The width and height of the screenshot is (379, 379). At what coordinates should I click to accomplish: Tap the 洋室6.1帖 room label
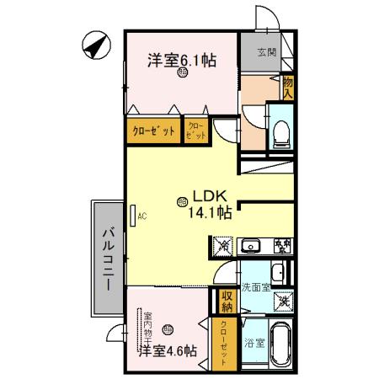tap(182, 60)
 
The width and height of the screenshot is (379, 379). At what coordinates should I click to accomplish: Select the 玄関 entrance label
tap(267, 52)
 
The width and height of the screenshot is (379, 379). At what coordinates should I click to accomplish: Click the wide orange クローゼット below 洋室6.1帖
tap(153, 131)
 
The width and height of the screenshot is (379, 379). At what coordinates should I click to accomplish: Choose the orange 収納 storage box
tap(227, 300)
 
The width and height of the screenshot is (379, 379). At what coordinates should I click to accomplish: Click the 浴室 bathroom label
tap(254, 343)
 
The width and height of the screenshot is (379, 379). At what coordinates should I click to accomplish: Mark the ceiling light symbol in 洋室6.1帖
tap(183, 74)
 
